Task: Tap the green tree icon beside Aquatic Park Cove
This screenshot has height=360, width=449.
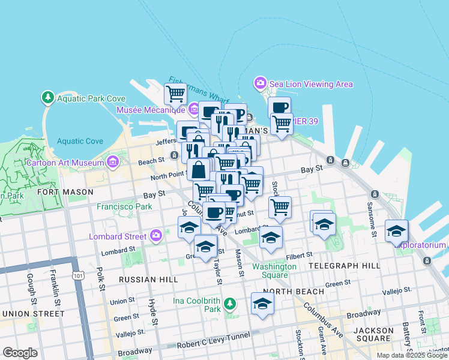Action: (47, 97)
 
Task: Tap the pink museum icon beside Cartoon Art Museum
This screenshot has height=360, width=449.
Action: (112, 161)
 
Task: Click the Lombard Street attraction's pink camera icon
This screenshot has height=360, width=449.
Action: (157, 235)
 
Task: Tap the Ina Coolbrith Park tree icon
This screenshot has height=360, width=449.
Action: (229, 303)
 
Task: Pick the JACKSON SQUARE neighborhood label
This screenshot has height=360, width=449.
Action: (373, 331)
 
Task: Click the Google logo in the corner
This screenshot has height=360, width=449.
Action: (20, 353)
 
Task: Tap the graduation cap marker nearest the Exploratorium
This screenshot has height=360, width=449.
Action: (396, 231)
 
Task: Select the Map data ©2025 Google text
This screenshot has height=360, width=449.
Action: (411, 355)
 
